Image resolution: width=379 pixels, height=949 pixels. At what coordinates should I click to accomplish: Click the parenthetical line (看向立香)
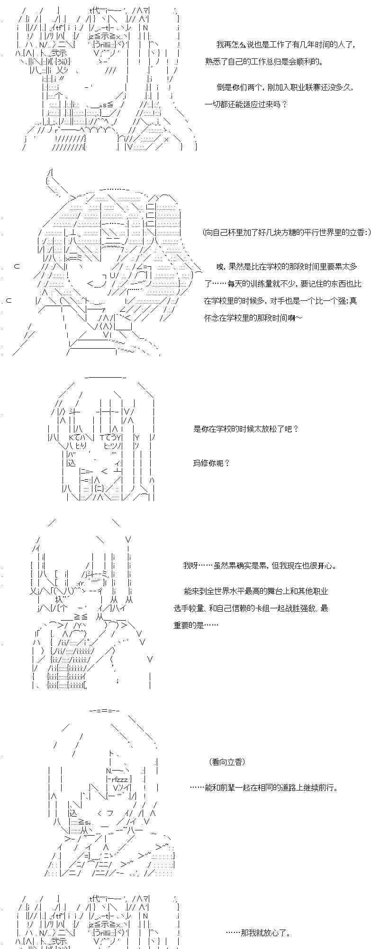[227, 762]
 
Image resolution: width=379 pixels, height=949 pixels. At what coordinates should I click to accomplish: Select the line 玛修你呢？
[211, 463]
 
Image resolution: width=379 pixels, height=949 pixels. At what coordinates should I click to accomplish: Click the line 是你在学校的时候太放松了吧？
[246, 429]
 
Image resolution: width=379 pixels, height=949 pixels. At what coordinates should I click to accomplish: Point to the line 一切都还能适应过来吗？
[246, 104]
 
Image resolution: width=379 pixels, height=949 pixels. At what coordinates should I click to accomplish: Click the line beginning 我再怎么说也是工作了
[286, 45]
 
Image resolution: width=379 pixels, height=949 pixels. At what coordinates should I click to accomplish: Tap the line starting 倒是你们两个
[285, 88]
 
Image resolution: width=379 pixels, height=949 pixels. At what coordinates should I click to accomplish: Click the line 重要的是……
[196, 625]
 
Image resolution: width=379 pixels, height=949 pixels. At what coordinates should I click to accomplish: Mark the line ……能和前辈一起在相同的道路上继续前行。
[264, 787]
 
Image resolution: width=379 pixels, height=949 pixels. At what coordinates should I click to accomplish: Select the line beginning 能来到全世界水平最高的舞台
[256, 591]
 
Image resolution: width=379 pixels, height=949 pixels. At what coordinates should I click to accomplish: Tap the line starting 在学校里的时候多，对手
[280, 301]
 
